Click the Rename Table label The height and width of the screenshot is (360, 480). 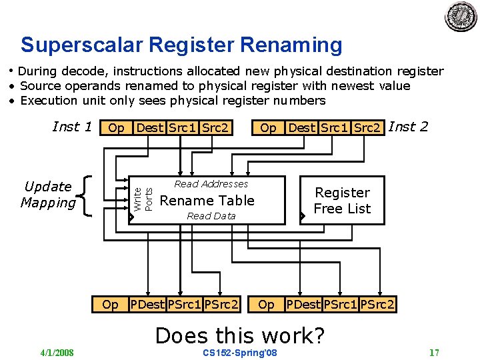click(x=207, y=201)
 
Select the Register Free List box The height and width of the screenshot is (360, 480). click(x=342, y=201)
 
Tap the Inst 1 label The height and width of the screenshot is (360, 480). click(x=72, y=127)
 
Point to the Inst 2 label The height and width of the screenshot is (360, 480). click(x=408, y=126)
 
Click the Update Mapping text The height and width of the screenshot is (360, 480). click(x=47, y=195)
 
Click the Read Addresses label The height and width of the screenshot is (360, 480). click(x=211, y=184)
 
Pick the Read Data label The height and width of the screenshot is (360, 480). click(x=211, y=216)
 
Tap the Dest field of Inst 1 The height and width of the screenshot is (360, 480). click(x=150, y=127)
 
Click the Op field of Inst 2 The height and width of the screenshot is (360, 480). click(x=268, y=127)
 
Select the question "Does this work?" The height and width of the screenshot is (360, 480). click(x=239, y=335)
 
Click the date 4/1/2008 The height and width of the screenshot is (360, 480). click(x=57, y=353)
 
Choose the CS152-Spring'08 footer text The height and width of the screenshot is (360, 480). click(x=239, y=353)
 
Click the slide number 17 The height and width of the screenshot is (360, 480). click(x=434, y=353)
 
